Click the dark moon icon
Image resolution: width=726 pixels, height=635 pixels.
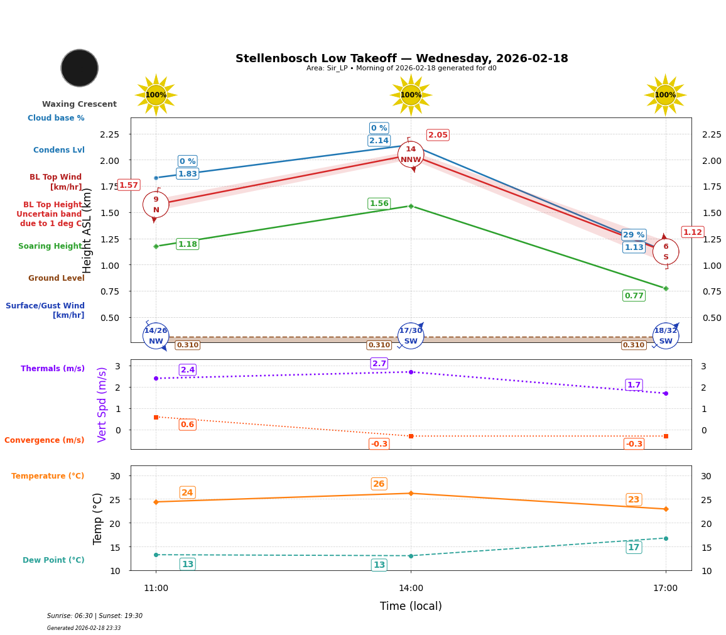point(80,68)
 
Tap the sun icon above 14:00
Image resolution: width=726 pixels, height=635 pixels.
point(411,95)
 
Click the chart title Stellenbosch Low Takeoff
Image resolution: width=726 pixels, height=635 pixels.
point(401,58)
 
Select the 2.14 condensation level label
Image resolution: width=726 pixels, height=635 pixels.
point(379,141)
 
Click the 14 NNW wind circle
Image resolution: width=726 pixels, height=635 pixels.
point(411,155)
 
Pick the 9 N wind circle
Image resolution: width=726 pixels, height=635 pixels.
point(156,205)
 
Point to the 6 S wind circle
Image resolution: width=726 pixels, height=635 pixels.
point(666,252)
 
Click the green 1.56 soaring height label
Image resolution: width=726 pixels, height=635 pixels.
point(379,204)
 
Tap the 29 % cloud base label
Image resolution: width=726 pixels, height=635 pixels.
point(634,235)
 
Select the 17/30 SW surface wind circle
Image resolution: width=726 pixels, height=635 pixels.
point(411,336)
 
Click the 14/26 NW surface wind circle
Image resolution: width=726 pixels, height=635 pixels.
point(156,336)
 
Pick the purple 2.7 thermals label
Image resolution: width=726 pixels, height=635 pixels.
point(379,364)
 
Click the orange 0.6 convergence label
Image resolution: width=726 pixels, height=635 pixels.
point(187,425)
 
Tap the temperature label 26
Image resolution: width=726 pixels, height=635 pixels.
point(379,484)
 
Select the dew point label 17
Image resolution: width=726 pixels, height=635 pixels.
point(634,547)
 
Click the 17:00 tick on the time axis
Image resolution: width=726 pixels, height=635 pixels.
point(665,589)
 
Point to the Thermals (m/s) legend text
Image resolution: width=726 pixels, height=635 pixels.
point(53,369)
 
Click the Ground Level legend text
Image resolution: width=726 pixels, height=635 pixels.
point(57,278)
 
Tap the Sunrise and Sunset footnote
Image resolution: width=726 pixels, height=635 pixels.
point(95,616)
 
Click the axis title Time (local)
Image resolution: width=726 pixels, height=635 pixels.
point(411,606)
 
